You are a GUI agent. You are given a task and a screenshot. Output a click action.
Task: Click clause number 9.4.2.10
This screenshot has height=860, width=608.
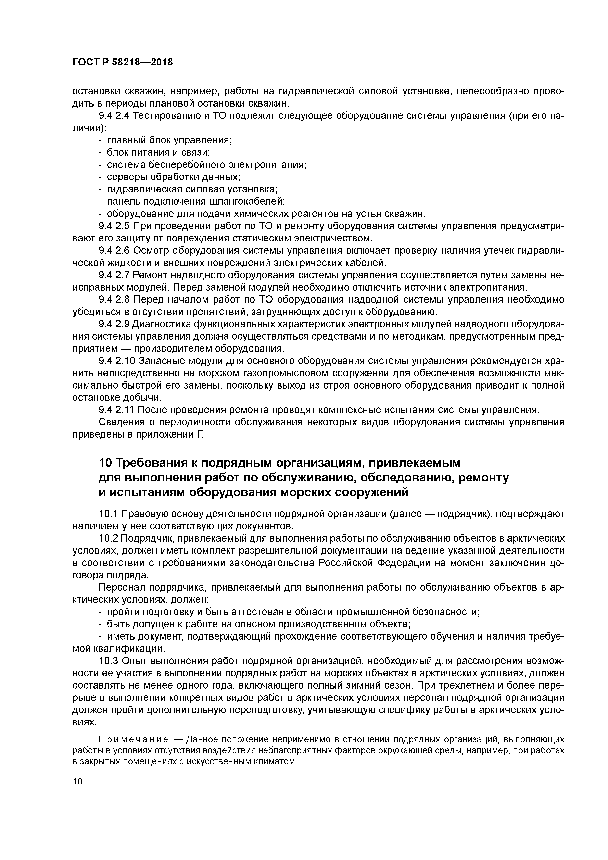tap(116, 361)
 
